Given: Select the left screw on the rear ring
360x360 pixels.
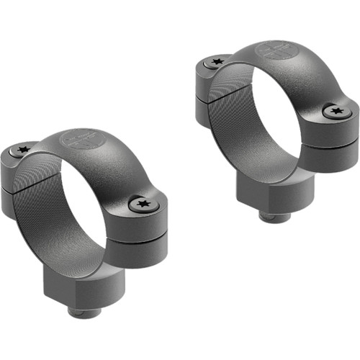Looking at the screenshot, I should pos(213,63).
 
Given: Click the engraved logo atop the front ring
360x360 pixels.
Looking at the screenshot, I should pos(81,140).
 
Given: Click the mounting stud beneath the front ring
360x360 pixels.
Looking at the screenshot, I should pos(81,312).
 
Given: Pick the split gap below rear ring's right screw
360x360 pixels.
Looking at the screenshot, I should pos(335,140).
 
